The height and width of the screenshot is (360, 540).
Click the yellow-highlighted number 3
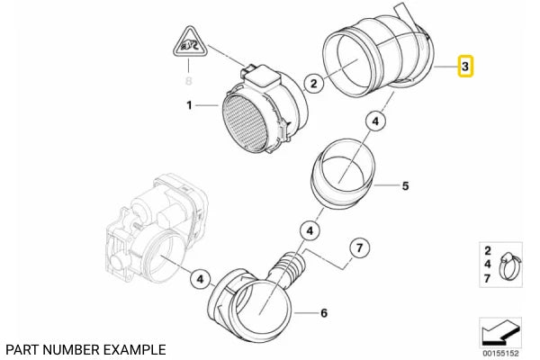coord(465,67)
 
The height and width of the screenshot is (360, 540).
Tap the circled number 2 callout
coord(314,85)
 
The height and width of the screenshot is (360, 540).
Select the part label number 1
coord(189,106)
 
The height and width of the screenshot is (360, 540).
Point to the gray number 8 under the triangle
coord(189,80)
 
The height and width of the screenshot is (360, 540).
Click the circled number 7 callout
coord(356,246)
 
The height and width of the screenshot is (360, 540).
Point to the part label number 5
coord(405,187)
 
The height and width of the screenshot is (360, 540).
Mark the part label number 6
coord(324,314)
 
